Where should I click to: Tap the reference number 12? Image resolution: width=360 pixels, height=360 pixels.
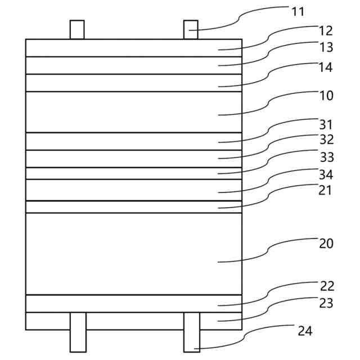point(326,30)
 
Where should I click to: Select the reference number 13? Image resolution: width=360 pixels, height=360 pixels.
point(326,47)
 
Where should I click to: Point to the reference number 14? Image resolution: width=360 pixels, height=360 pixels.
point(326,67)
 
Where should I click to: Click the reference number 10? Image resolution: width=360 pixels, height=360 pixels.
point(326,96)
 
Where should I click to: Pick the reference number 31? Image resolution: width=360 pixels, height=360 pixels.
point(326,124)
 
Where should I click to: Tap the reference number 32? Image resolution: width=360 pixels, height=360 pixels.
point(326,139)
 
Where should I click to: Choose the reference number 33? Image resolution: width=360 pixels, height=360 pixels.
point(326,156)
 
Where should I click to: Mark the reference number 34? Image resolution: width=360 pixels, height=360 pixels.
point(326,174)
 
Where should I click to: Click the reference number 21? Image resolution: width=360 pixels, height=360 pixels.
point(325,190)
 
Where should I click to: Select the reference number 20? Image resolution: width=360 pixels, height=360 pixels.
point(326,244)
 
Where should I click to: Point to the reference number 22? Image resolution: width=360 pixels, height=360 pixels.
point(326,286)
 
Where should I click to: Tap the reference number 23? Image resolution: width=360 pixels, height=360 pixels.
point(326,303)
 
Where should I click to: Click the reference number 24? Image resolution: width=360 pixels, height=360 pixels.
point(305,331)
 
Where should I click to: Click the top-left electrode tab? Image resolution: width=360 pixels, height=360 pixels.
point(77,30)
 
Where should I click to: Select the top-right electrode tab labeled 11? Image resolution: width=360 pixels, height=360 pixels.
point(191,30)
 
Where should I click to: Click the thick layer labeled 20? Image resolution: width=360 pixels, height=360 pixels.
point(134,254)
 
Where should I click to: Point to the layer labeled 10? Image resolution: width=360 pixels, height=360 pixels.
point(134,112)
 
